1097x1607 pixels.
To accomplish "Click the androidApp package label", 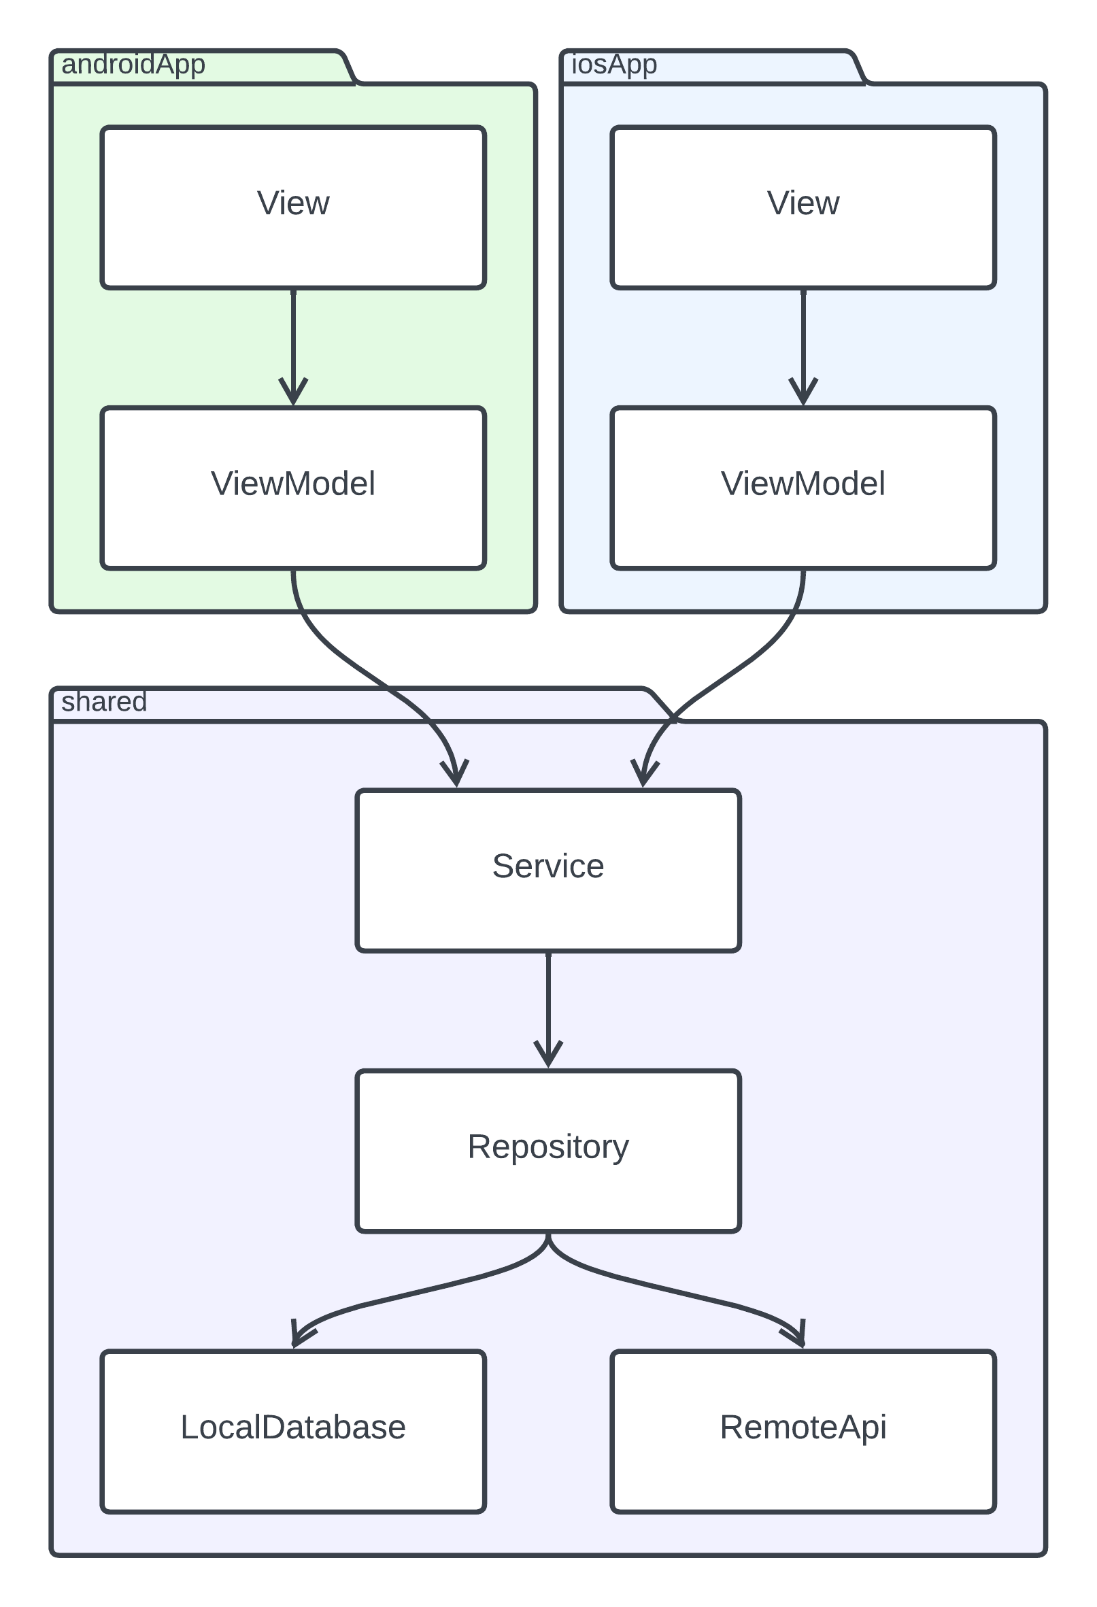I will (133, 65).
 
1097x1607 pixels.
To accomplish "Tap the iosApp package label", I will (613, 65).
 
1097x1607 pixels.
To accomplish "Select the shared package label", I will (104, 703).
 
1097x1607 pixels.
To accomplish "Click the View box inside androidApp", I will (293, 207).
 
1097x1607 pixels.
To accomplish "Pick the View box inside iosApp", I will (803, 207).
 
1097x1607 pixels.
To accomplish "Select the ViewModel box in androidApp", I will (293, 488).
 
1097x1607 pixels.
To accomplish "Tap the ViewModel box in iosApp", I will (803, 488).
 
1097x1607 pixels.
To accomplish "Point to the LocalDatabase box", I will (293, 1432).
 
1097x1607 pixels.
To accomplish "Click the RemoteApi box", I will (803, 1432).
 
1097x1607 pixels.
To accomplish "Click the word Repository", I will (548, 1147).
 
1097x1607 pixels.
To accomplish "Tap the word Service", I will (548, 866).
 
